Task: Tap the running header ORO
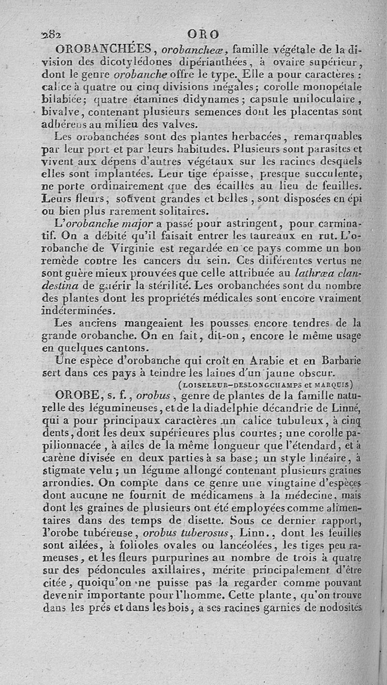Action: point(203,35)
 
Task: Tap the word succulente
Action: point(333,173)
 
